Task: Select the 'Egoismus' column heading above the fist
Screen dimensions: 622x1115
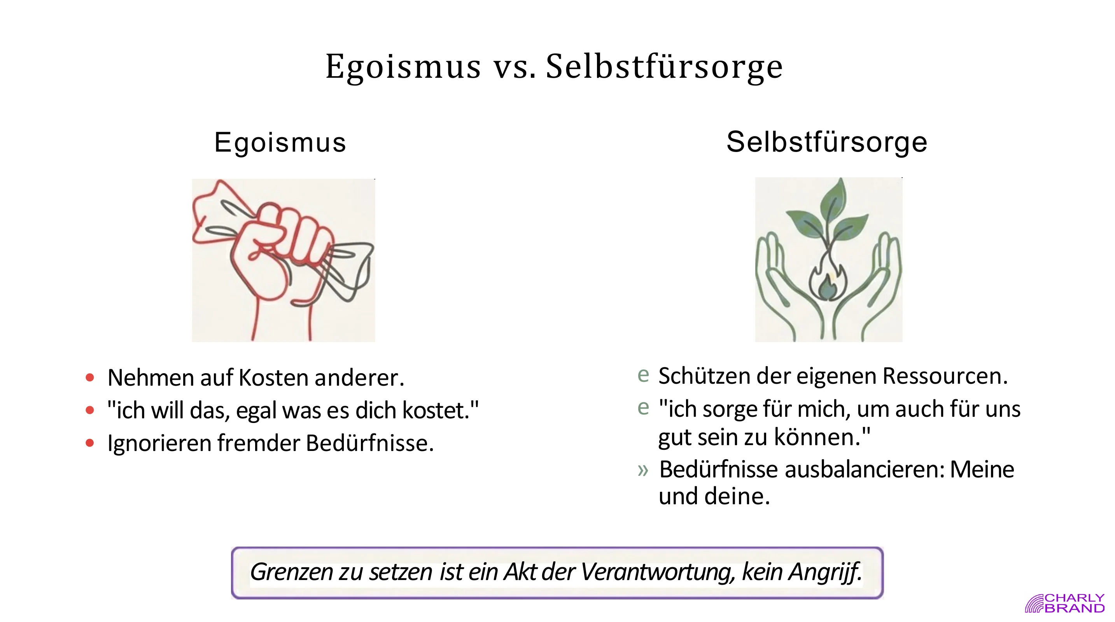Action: click(x=280, y=142)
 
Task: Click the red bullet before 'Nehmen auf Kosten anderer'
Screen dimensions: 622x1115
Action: click(x=90, y=377)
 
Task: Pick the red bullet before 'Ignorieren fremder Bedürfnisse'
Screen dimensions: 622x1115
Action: click(x=90, y=443)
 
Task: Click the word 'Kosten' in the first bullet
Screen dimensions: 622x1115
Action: click(x=275, y=377)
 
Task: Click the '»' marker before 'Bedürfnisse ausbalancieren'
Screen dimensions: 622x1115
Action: click(x=643, y=470)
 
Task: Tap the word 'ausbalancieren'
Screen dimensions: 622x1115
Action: click(x=864, y=470)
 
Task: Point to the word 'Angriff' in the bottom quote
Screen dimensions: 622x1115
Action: click(x=824, y=572)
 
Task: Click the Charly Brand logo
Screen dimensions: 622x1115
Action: click(x=1064, y=603)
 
